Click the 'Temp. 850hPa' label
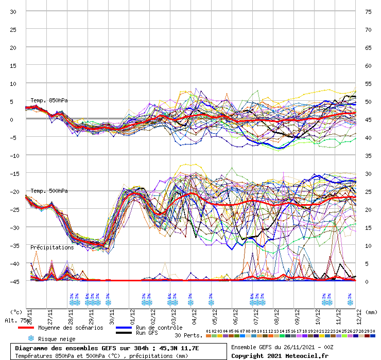coord(49,100)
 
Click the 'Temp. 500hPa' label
coord(49,191)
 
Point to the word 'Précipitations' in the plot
coord(52,247)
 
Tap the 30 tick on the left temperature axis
coord(13,12)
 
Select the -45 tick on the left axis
coord(13,281)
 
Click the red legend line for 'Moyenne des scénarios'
coord(26,328)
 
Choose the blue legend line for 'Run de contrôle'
coord(124,328)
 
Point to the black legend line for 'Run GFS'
coord(124,333)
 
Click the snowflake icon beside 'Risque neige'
coord(30,338)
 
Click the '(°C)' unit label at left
coord(16,312)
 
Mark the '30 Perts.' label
coord(188,335)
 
